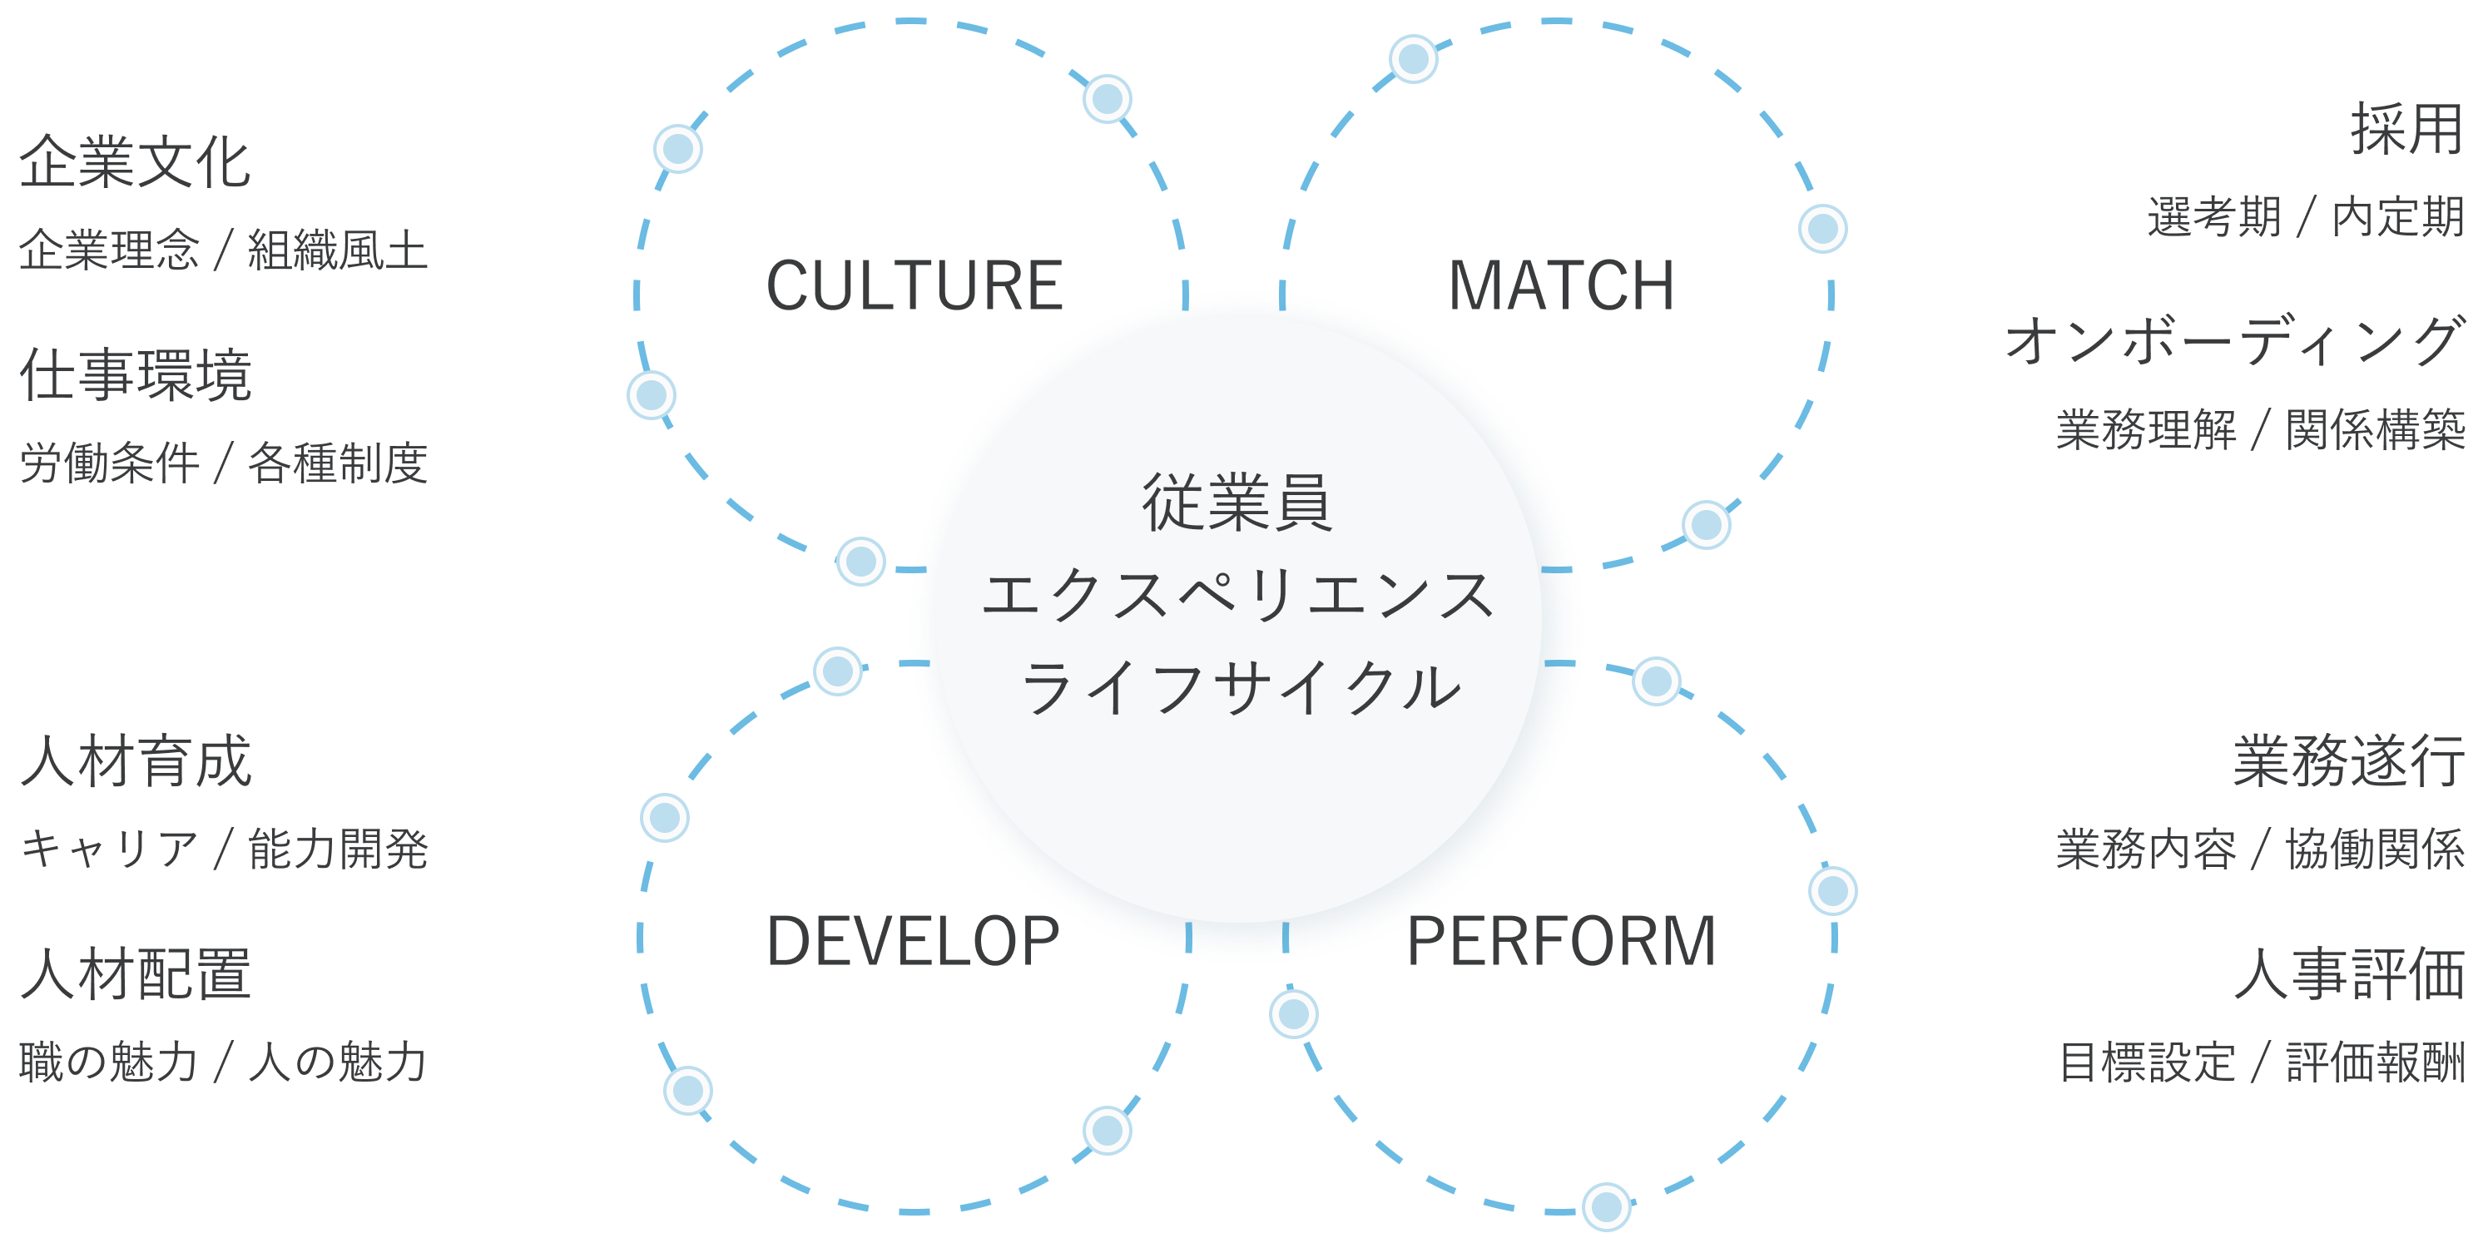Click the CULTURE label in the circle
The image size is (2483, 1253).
[914, 286]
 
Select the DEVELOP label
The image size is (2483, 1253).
[913, 942]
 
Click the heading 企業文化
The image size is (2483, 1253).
[135, 162]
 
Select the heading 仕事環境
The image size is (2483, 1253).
[135, 375]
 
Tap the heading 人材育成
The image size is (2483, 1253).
[135, 761]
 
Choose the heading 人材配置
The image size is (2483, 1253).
[135, 973]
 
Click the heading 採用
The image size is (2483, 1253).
[2406, 129]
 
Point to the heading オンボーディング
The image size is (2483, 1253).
[2233, 341]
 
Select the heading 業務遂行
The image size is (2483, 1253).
[2348, 761]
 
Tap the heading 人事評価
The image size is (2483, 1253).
[2348, 973]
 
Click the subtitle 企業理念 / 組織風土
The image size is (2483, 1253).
[223, 250]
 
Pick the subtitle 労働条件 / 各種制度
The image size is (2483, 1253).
[223, 463]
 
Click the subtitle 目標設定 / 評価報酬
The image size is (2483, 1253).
[2260, 1062]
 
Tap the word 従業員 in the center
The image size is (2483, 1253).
[1237, 503]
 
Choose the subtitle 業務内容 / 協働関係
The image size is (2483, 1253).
[2260, 849]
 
